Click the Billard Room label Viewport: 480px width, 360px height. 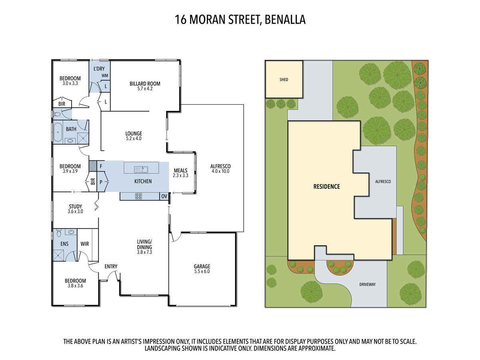[x=145, y=84]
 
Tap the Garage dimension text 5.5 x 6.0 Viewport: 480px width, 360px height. [x=202, y=272]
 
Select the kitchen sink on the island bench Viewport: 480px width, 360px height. [x=141, y=169]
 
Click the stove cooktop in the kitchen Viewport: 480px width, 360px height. [x=139, y=196]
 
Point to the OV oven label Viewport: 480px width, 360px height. [x=164, y=196]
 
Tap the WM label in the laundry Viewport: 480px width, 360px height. [x=105, y=76]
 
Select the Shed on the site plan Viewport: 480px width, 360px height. [x=284, y=80]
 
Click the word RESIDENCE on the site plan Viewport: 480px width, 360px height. [x=326, y=186]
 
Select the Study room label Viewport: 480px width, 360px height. [x=75, y=207]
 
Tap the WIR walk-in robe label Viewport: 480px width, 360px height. [x=85, y=244]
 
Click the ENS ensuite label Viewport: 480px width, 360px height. [x=64, y=244]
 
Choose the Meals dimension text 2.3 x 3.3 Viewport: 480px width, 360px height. [x=180, y=176]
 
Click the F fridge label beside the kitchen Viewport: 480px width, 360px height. [x=101, y=166]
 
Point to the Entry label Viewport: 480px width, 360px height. [x=111, y=266]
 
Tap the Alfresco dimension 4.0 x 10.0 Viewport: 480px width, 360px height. [x=220, y=171]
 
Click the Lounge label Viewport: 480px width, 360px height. [x=134, y=134]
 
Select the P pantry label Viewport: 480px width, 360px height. [x=101, y=181]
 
